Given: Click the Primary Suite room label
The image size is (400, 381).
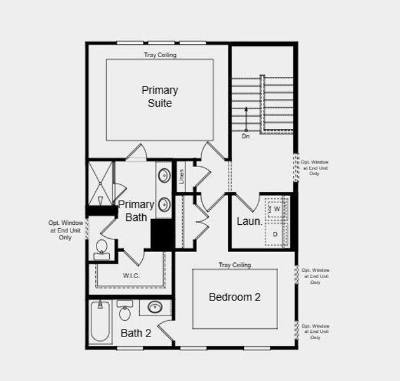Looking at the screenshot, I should tap(159, 97).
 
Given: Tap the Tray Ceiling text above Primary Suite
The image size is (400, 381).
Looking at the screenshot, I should tap(159, 55).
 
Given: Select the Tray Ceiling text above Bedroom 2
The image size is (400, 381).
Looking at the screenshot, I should tap(235, 265).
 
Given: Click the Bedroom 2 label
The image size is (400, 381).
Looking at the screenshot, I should tap(235, 297).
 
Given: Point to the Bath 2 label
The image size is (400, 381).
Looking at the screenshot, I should tap(136, 333).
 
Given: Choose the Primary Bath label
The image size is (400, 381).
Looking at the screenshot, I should tap(136, 211).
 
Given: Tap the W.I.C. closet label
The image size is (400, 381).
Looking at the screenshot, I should tap(131, 276).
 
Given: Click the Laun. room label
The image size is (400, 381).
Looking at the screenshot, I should tap(249, 222).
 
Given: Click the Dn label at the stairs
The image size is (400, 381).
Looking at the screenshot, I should tap(246, 136).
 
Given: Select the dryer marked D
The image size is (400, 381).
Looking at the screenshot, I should tap(276, 234).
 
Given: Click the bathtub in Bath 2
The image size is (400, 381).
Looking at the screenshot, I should tap(100, 323).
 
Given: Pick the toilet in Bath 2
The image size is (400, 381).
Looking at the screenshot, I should tap(125, 311).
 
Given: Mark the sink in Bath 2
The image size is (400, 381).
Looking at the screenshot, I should tap(155, 308).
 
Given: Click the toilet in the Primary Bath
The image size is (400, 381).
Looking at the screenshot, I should tap(102, 248).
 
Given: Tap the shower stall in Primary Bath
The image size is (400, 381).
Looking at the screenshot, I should tap(100, 183).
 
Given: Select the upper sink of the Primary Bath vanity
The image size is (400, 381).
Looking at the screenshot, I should tap(164, 175).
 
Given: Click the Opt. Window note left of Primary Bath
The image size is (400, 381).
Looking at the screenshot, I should tap(65, 230).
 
